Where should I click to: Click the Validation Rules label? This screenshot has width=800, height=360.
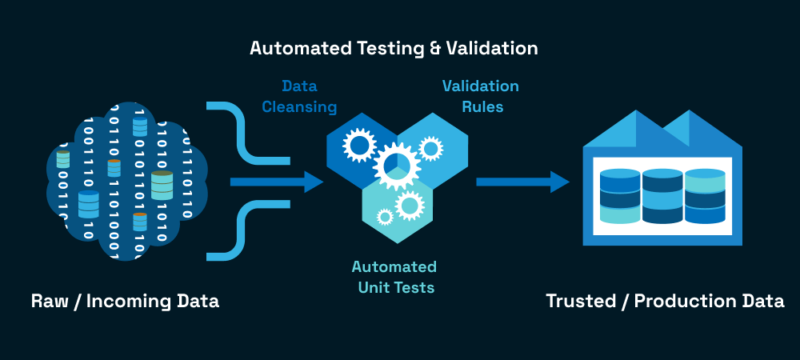coord(481,96)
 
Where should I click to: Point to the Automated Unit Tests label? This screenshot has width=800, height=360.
coord(394,276)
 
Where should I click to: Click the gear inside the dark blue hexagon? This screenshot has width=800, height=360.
coord(358,145)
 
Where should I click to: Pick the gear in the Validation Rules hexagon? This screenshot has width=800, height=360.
coord(430,148)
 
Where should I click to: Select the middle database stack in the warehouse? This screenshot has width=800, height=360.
coord(662,196)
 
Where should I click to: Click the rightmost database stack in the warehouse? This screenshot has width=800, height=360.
coord(704,196)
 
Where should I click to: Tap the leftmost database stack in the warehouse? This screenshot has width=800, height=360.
coord(620,196)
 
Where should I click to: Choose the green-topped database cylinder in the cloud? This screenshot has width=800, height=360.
coord(162,185)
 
